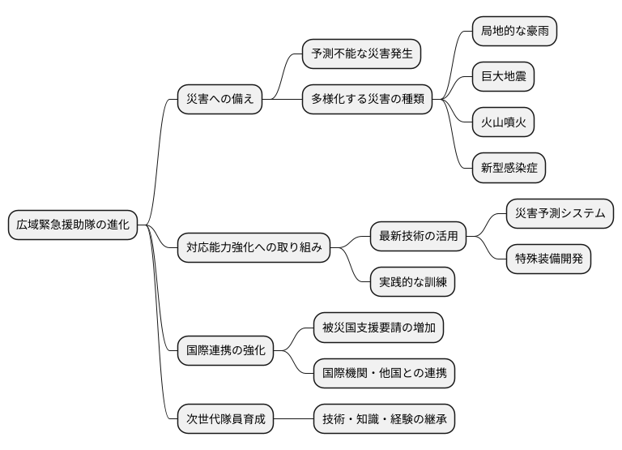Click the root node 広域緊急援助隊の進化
(73, 225)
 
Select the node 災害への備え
(220, 100)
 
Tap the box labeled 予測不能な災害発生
(362, 54)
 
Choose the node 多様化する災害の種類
(367, 100)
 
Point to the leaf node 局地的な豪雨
(515, 32)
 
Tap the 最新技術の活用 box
(419, 237)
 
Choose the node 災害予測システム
(560, 214)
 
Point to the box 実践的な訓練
(413, 282)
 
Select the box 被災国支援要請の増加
(378, 328)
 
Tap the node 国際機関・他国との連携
(385, 373)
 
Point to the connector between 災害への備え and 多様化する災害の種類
(283, 100)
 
